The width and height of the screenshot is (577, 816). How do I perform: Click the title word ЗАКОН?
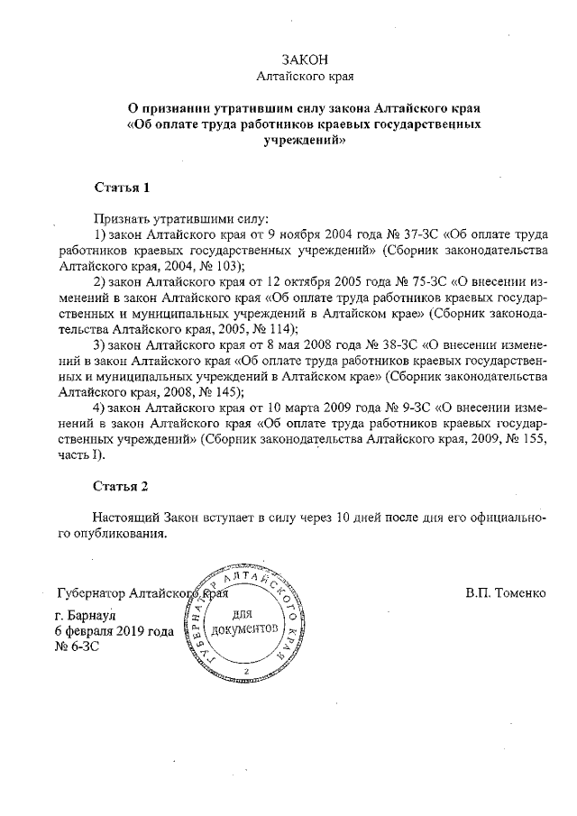304,60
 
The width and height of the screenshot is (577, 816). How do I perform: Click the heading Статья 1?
121,188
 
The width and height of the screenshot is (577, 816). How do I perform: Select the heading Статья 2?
121,486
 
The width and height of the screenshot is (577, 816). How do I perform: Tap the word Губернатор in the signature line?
90,593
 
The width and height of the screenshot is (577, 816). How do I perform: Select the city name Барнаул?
87,616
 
